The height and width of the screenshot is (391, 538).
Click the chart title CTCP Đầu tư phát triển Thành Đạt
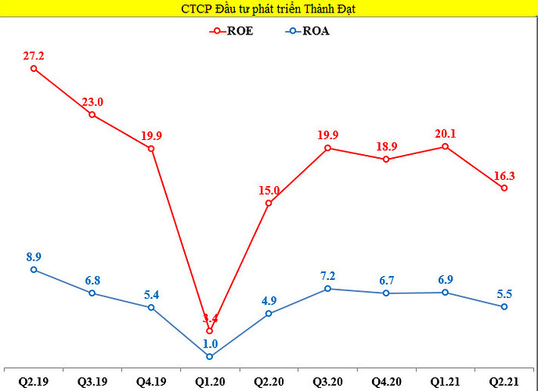pyautogui.click(x=269, y=9)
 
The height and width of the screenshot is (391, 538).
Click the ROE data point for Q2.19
pyautogui.click(x=34, y=68)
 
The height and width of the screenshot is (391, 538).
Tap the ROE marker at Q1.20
pyautogui.click(x=209, y=331)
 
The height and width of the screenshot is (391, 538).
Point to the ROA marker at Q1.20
pyautogui.click(x=209, y=357)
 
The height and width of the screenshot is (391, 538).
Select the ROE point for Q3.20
pyautogui.click(x=327, y=147)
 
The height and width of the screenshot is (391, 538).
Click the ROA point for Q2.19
pyautogui.click(x=34, y=270)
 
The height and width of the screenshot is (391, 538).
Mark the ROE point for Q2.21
pyautogui.click(x=504, y=188)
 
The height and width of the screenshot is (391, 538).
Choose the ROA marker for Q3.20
pyautogui.click(x=327, y=289)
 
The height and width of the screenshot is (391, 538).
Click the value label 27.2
pyautogui.click(x=34, y=56)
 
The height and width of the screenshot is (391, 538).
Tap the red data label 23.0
pyautogui.click(x=93, y=102)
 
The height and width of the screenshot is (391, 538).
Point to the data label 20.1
pyautogui.click(x=445, y=133)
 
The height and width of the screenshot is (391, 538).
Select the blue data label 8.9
pyautogui.click(x=34, y=256)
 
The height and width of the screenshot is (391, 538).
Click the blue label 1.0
pyautogui.click(x=209, y=343)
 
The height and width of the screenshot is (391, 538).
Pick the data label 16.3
pyautogui.click(x=504, y=174)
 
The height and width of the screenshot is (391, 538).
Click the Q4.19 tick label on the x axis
pyautogui.click(x=151, y=382)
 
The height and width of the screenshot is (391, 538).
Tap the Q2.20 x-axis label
pyautogui.click(x=269, y=382)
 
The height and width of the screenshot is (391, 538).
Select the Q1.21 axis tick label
pyautogui.click(x=445, y=382)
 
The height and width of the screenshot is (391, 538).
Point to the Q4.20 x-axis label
pyautogui.click(x=386, y=382)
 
